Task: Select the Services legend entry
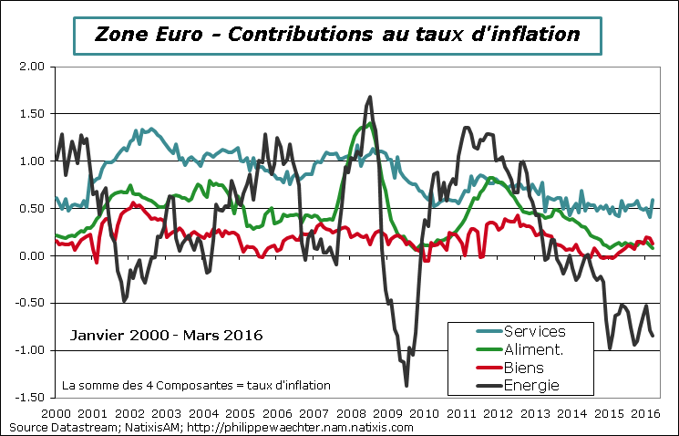point(535,331)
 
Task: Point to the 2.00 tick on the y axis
point(30,67)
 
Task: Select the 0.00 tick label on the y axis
point(30,256)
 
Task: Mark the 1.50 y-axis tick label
point(30,114)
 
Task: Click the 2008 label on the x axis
point(354,412)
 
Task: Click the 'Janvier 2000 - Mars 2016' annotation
point(166,336)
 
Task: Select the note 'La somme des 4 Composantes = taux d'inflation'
point(196,386)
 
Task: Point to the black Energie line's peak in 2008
point(370,97)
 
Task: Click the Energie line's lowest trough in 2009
point(406,385)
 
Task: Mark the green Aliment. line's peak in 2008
point(365,123)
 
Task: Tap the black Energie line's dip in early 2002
point(124,300)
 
